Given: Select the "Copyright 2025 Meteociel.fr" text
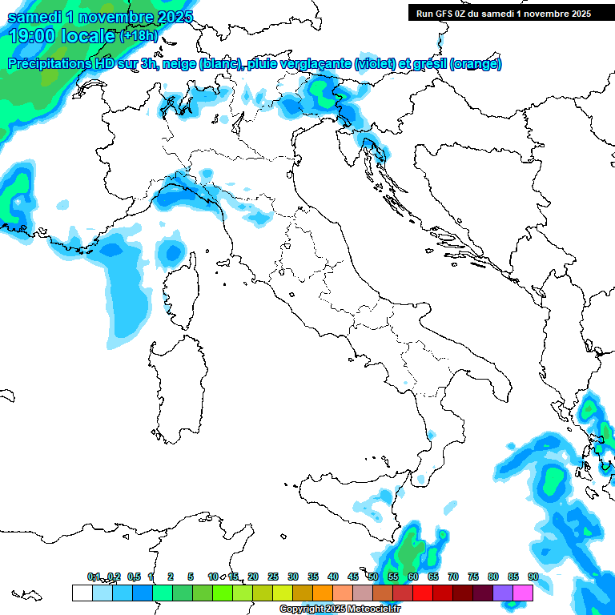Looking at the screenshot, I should pyautogui.click(x=340, y=609).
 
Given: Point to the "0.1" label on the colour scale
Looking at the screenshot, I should pyautogui.click(x=94, y=577).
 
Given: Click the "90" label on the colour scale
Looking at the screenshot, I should pyautogui.click(x=533, y=577).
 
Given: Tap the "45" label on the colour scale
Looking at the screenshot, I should pyautogui.click(x=353, y=577).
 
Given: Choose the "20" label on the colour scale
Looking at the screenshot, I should pyautogui.click(x=253, y=577).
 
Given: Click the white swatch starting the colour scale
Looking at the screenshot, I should pyautogui.click(x=82, y=593).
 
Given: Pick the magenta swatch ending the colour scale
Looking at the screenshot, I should pyautogui.click(x=523, y=593).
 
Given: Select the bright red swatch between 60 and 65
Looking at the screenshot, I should pyautogui.click(x=422, y=593).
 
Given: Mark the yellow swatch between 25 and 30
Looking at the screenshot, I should pyautogui.click(x=282, y=593).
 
